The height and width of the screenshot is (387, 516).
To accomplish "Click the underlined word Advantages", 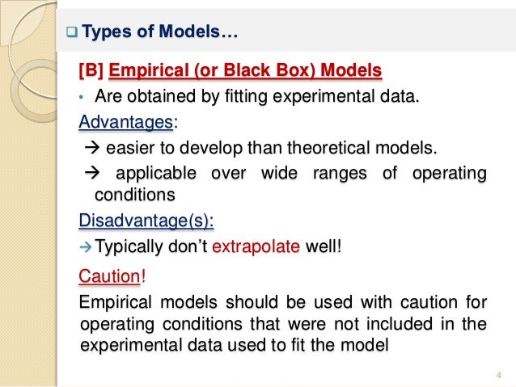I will click(x=125, y=123).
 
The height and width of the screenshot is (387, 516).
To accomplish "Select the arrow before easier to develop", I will click(x=91, y=149).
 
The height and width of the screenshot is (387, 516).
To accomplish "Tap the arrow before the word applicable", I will click(x=91, y=174).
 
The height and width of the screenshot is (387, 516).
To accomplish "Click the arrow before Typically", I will click(x=86, y=246).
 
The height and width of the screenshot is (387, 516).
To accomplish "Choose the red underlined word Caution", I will click(x=108, y=277).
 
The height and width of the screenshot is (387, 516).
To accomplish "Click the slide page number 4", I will click(x=497, y=373).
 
